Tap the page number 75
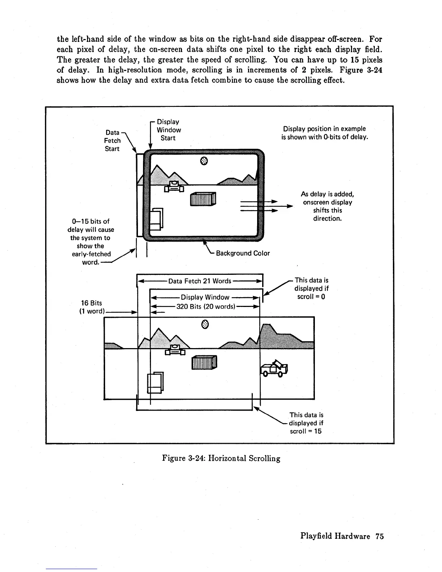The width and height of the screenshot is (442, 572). coord(379,536)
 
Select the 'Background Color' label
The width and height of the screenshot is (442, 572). coord(243,253)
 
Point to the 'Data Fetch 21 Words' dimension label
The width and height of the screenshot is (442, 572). coord(200,281)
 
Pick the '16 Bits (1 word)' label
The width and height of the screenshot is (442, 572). coord(91,307)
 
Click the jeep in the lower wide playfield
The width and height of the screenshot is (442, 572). coord(274,368)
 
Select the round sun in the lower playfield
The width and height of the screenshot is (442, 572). coord(205,324)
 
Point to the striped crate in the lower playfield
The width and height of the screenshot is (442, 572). coord(204,362)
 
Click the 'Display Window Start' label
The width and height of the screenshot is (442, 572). coord(168,130)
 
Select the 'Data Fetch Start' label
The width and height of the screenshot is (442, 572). coord(112,141)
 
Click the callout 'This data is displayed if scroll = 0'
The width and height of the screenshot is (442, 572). coord(311,288)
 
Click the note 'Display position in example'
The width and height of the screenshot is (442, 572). coord(324,129)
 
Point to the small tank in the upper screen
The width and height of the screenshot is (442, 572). coord(174,186)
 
